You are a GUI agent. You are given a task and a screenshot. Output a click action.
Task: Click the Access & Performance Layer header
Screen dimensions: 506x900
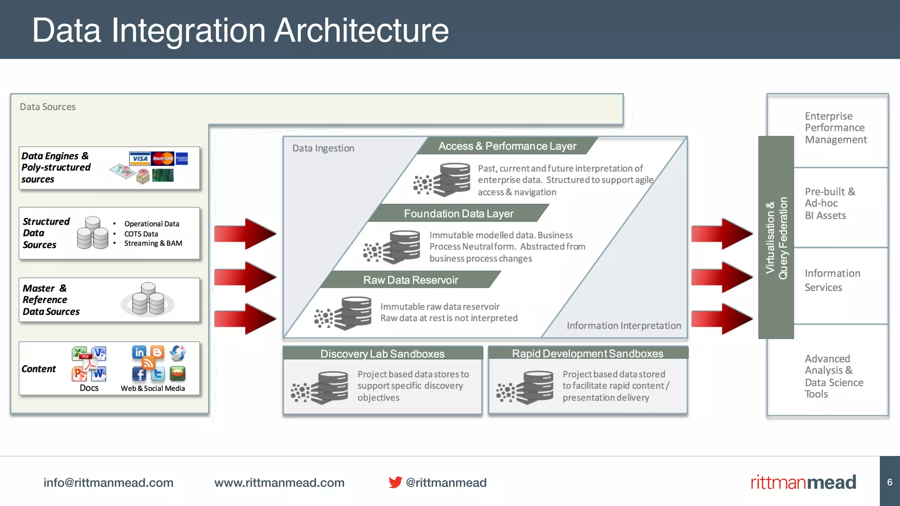pos(507,146)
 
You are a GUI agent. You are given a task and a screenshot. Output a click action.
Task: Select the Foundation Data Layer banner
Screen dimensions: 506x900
pos(458,213)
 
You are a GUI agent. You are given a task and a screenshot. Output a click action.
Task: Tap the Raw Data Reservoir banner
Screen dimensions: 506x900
pos(410,280)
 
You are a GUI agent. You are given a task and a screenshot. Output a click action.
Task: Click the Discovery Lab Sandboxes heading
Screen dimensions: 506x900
pos(382,354)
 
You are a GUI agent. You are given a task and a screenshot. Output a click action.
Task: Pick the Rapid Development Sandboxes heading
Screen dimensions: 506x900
pos(588,353)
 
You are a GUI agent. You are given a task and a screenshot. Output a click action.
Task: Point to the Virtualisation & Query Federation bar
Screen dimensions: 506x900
pos(776,238)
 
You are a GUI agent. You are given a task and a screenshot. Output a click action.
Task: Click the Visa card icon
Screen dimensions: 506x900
pos(140,159)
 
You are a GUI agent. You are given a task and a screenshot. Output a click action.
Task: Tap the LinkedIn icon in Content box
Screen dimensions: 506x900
pos(139,352)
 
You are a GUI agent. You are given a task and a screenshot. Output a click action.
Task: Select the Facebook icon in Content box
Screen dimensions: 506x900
pos(139,374)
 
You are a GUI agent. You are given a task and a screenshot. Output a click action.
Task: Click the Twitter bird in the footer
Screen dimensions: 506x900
pos(395,482)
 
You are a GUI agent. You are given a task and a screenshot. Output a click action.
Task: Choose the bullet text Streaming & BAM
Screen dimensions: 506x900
pos(153,243)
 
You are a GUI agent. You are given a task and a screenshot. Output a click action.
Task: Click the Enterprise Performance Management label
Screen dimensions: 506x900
pos(835,128)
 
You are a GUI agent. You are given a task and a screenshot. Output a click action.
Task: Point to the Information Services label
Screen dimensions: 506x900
pos(832,280)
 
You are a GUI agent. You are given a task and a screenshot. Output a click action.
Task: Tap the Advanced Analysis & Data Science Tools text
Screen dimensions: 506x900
pos(833,376)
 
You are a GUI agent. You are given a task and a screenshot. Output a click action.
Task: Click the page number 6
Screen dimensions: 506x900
pos(889,482)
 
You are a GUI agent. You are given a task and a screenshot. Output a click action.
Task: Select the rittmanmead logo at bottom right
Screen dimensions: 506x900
pos(803,482)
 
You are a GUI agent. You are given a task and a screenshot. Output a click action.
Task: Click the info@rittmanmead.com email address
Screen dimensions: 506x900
pos(108,482)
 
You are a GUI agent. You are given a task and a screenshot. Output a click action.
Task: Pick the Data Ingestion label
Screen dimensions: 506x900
pos(323,148)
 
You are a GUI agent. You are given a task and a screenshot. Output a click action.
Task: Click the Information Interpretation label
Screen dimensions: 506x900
pos(623,325)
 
